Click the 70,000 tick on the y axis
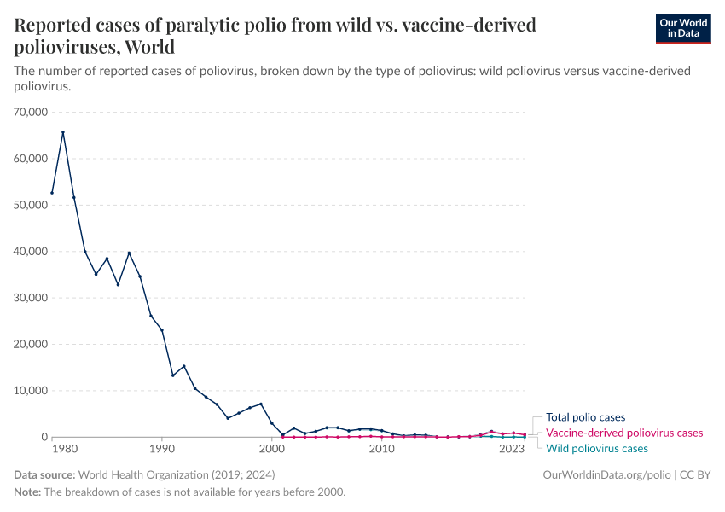[30, 112]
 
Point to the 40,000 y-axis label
[30, 251]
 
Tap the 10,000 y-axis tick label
[30, 390]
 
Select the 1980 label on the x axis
[62, 449]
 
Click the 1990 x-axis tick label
[161, 449]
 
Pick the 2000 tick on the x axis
[271, 449]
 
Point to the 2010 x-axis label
[381, 449]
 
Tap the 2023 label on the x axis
[513, 449]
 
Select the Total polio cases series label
[585, 417]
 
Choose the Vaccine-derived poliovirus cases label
[624, 433]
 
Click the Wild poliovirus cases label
[596, 448]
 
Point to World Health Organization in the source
[144, 474]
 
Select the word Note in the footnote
[27, 492]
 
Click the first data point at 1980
[52, 193]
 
